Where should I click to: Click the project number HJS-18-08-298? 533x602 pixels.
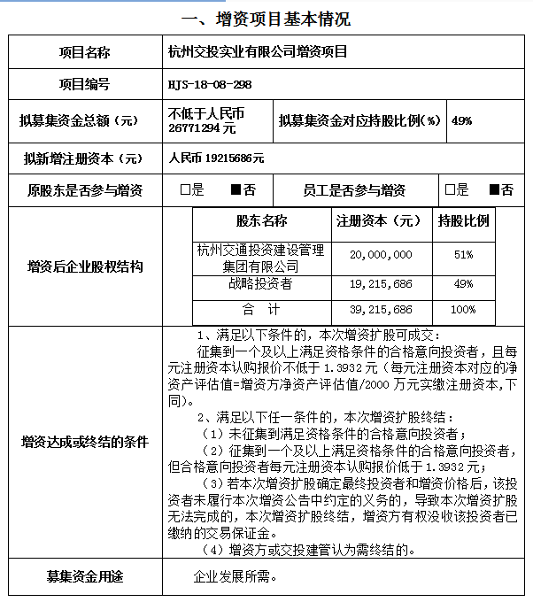point(210,84)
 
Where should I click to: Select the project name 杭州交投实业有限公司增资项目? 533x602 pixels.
point(258,51)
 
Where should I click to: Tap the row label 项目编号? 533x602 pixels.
point(84,84)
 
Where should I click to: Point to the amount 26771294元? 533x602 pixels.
point(202,128)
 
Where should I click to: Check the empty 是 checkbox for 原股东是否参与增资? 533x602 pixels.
point(185,190)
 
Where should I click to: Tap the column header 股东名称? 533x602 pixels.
point(261,220)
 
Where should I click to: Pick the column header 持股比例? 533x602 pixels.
point(463,220)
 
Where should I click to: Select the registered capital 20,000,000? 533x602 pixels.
point(381,254)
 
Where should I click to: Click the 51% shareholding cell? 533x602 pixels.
point(462,254)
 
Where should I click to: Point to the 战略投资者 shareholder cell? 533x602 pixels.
point(261,284)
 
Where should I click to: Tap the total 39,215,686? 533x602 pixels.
point(381,310)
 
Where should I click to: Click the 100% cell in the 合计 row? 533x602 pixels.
point(462,310)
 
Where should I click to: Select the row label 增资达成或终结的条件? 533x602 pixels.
point(86,441)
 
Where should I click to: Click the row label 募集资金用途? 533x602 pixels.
point(85,577)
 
